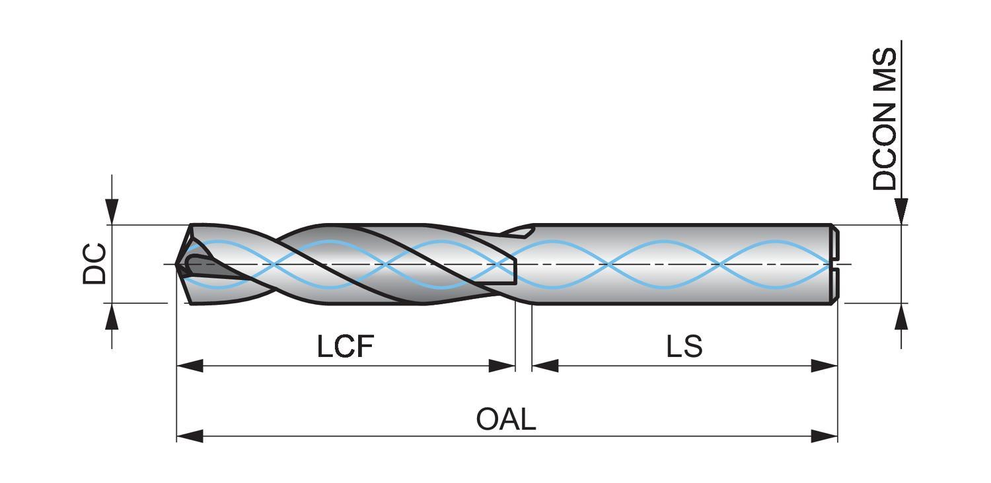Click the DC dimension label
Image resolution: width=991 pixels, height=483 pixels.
click(x=94, y=264)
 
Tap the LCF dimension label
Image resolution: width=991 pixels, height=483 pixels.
click(x=346, y=346)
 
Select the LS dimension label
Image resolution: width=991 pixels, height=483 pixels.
click(x=684, y=346)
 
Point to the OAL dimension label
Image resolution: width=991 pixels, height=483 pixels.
click(x=506, y=419)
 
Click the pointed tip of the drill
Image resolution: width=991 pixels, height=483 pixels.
click(x=177, y=265)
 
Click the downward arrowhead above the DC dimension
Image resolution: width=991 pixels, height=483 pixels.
click(x=112, y=211)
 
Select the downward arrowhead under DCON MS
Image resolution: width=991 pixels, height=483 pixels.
click(x=901, y=211)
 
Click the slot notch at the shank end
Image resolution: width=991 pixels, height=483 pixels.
click(x=835, y=265)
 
